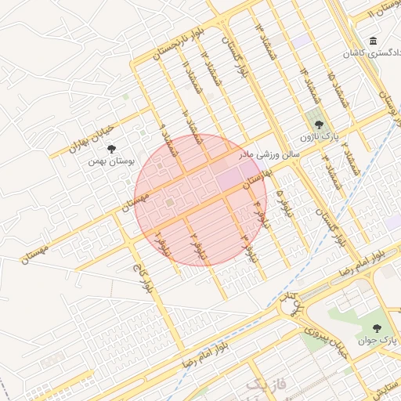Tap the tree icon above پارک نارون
(319, 123)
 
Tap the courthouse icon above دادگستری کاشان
(373, 41)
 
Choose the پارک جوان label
(378, 341)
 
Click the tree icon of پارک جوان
(378, 328)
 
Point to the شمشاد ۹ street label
(165, 133)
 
